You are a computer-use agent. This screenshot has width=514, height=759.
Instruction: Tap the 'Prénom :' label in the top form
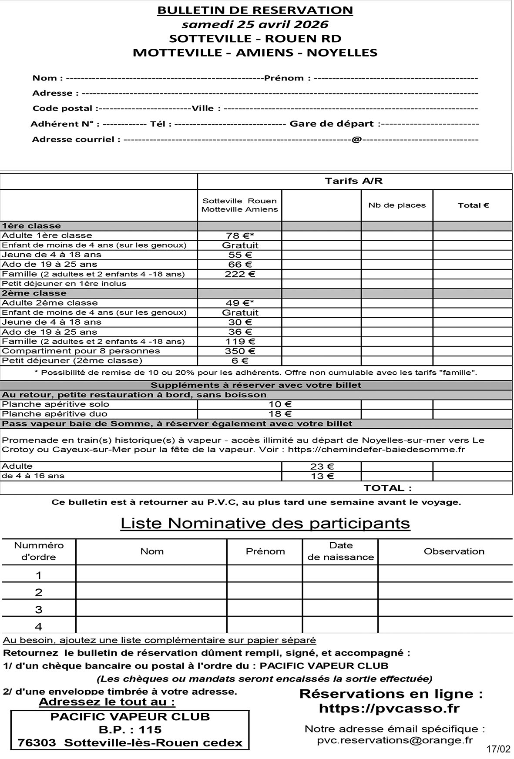tap(287, 78)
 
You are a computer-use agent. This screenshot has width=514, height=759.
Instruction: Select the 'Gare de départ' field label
tap(332, 124)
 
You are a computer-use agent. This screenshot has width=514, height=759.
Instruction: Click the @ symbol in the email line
tap(356, 140)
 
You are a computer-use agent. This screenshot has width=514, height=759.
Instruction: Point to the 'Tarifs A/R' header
tap(353, 181)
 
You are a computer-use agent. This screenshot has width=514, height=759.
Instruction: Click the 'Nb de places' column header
tap(397, 205)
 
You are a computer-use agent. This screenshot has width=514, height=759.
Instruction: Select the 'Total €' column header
tap(473, 205)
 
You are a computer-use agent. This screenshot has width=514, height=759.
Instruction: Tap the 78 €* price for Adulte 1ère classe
tap(240, 236)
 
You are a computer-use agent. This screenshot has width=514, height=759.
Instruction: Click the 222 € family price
tap(240, 274)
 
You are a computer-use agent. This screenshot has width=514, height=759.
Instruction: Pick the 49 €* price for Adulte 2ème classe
tap(240, 303)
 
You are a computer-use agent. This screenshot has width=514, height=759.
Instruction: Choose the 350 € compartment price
tap(240, 351)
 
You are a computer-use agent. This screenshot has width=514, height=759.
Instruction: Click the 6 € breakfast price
tap(240, 361)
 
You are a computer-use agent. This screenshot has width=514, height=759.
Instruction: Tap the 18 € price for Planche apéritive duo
tap(280, 414)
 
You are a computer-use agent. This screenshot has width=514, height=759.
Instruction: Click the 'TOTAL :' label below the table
tap(387, 488)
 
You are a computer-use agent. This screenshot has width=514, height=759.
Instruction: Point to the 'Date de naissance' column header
tap(341, 551)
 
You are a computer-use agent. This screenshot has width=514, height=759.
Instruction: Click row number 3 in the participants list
tap(39, 610)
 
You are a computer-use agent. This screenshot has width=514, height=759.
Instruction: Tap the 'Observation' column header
tap(454, 551)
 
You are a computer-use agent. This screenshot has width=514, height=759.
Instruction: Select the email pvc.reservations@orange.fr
tap(395, 740)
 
